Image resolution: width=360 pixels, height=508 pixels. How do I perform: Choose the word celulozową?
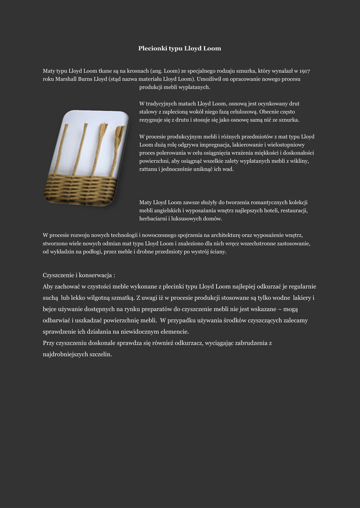coord(243,112)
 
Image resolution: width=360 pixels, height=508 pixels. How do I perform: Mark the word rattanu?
coord(148,169)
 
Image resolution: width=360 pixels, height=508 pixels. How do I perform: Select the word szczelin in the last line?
coord(99,354)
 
